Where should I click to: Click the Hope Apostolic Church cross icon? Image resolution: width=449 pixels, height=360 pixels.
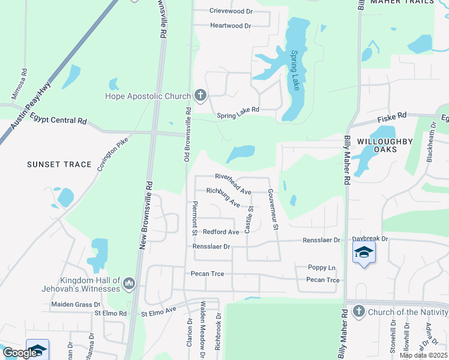coord(200,95)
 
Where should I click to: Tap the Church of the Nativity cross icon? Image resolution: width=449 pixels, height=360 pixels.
coord(358,311)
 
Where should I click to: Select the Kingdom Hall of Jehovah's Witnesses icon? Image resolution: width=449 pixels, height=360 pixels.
coord(128,283)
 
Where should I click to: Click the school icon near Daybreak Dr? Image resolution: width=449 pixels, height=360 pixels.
coord(363,253)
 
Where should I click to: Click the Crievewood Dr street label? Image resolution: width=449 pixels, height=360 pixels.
coord(232,11)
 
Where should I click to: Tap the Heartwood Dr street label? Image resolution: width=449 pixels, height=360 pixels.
coord(230,26)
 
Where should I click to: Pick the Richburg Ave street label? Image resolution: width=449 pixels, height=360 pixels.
coord(223,196)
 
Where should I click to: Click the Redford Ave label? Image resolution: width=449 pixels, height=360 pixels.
coord(221,232)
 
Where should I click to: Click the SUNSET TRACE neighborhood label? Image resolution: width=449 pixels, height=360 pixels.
coord(59,164)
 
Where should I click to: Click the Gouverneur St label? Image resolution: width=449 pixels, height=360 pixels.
coord(273,209)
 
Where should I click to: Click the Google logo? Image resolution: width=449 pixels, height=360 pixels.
coord(19,353)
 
